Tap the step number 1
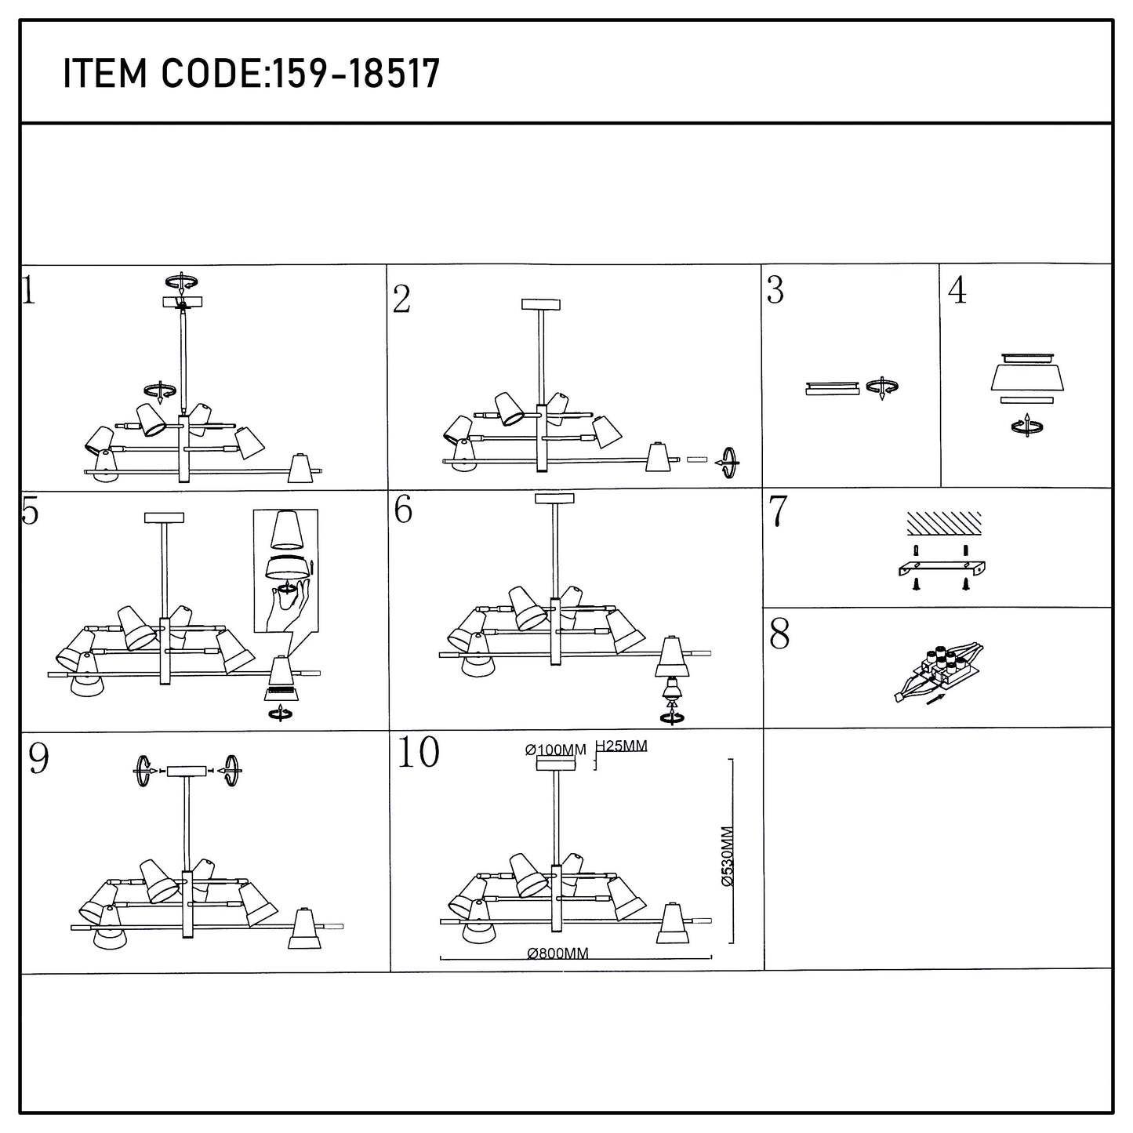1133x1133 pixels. [x=29, y=291]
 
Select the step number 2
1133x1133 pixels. [x=401, y=300]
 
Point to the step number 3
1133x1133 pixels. [x=775, y=290]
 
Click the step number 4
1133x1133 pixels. [x=958, y=290]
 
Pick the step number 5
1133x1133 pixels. [x=30, y=511]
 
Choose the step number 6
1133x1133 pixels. [x=403, y=509]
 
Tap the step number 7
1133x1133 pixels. [x=779, y=511]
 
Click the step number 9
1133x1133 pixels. [x=38, y=759]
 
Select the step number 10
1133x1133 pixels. [x=419, y=752]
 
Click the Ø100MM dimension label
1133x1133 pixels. [x=556, y=750]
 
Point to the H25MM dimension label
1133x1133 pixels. [x=622, y=746]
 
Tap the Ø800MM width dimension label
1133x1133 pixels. [x=558, y=953]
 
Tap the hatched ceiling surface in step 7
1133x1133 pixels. [x=944, y=523]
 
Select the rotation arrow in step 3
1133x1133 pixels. [x=882, y=387]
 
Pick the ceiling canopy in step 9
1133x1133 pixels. [x=187, y=771]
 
